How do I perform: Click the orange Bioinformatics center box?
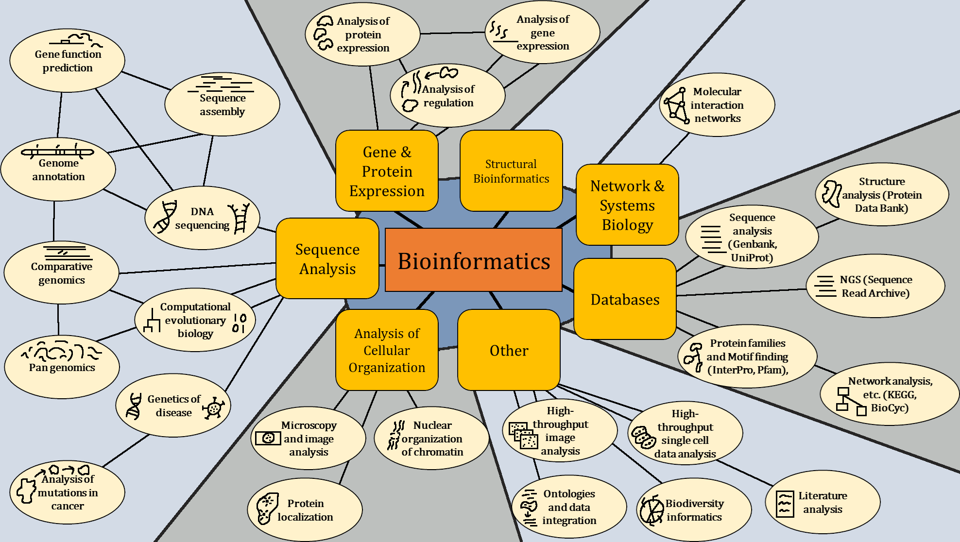click(x=474, y=260)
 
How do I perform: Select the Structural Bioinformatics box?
click(x=511, y=171)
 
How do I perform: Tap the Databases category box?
click(x=625, y=299)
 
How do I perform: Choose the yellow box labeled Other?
click(x=509, y=350)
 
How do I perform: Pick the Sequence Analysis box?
click(x=327, y=259)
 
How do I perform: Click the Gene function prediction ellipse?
click(x=68, y=61)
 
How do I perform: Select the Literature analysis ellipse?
click(x=823, y=502)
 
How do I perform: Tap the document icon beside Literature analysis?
click(x=785, y=505)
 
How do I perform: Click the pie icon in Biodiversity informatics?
click(x=651, y=510)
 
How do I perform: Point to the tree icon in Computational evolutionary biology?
click(x=152, y=320)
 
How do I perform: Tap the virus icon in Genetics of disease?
click(x=214, y=408)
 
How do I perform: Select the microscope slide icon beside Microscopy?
click(x=268, y=438)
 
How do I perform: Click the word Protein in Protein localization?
click(x=305, y=504)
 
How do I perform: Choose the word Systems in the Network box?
click(x=627, y=205)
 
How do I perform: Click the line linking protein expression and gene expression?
click(x=452, y=33)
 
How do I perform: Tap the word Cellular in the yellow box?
click(x=387, y=351)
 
